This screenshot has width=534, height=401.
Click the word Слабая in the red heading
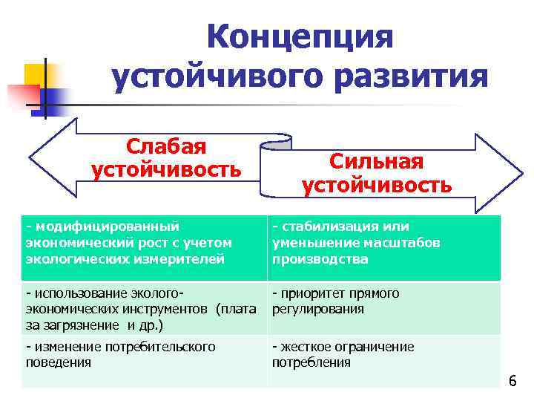(x=166, y=148)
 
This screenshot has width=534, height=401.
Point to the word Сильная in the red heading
(x=376, y=162)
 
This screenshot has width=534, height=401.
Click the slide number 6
(x=512, y=382)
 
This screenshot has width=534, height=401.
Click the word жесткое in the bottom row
(x=305, y=347)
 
